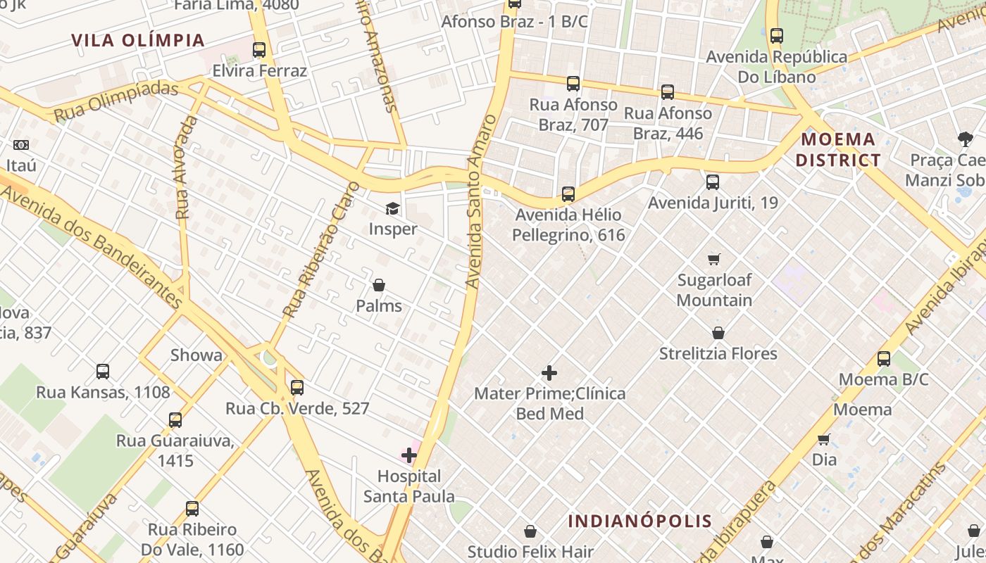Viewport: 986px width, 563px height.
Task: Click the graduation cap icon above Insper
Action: pyautogui.click(x=392, y=208)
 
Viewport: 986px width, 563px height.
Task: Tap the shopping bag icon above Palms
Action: pyautogui.click(x=379, y=285)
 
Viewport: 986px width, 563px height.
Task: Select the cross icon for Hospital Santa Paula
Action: pyautogui.click(x=409, y=455)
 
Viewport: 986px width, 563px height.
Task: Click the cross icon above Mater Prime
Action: pyautogui.click(x=549, y=373)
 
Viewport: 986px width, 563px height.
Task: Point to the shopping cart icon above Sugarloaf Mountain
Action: pyautogui.click(x=714, y=259)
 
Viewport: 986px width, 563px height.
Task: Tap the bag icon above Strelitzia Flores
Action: pyautogui.click(x=718, y=333)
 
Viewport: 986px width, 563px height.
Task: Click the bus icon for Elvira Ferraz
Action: pyautogui.click(x=259, y=50)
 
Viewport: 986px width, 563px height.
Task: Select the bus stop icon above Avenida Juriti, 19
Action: pyautogui.click(x=713, y=182)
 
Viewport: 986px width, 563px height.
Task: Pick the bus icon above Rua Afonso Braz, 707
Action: pyautogui.click(x=573, y=84)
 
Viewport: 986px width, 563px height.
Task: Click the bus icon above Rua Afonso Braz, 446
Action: pyautogui.click(x=668, y=92)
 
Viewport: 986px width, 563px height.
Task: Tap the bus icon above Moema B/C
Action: pyautogui.click(x=884, y=359)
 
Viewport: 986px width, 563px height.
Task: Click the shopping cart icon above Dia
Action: pyautogui.click(x=824, y=439)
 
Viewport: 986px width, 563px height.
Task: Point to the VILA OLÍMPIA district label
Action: pyautogui.click(x=138, y=40)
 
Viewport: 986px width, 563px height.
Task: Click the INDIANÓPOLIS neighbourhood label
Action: pyautogui.click(x=640, y=521)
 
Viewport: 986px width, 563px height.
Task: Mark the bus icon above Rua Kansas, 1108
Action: pyautogui.click(x=103, y=371)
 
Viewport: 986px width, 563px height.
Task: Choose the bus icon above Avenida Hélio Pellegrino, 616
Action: pyautogui.click(x=568, y=194)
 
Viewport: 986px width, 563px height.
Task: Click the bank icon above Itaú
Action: pyautogui.click(x=21, y=145)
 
